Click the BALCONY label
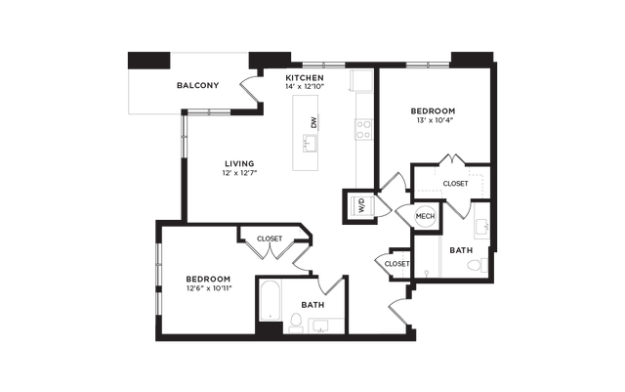point(197,85)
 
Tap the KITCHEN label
point(305,77)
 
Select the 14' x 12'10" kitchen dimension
point(305,86)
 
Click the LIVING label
point(239,163)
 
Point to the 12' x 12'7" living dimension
point(240,173)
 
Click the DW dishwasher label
point(314,122)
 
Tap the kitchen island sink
point(310,144)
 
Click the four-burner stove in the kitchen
point(364,129)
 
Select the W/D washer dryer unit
point(361,206)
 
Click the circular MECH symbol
point(425,216)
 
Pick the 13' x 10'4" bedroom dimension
point(433,120)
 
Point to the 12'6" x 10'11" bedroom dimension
point(209,287)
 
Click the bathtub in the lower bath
point(271,301)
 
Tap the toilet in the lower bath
point(296,323)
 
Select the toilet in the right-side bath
point(477,265)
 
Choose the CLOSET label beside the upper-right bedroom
point(456,184)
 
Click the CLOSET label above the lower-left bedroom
point(270,239)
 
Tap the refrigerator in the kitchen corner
point(361,80)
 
